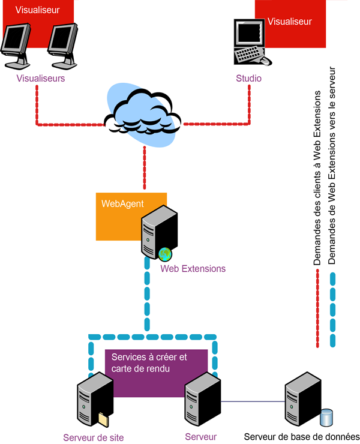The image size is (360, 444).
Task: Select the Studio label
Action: click(x=248, y=78)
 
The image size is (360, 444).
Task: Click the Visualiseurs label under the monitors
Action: click(x=41, y=78)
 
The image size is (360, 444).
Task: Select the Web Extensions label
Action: click(x=193, y=268)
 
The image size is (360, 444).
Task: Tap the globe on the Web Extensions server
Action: click(x=165, y=254)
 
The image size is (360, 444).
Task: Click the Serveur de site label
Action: click(x=93, y=437)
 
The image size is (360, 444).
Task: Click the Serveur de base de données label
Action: click(x=302, y=437)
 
